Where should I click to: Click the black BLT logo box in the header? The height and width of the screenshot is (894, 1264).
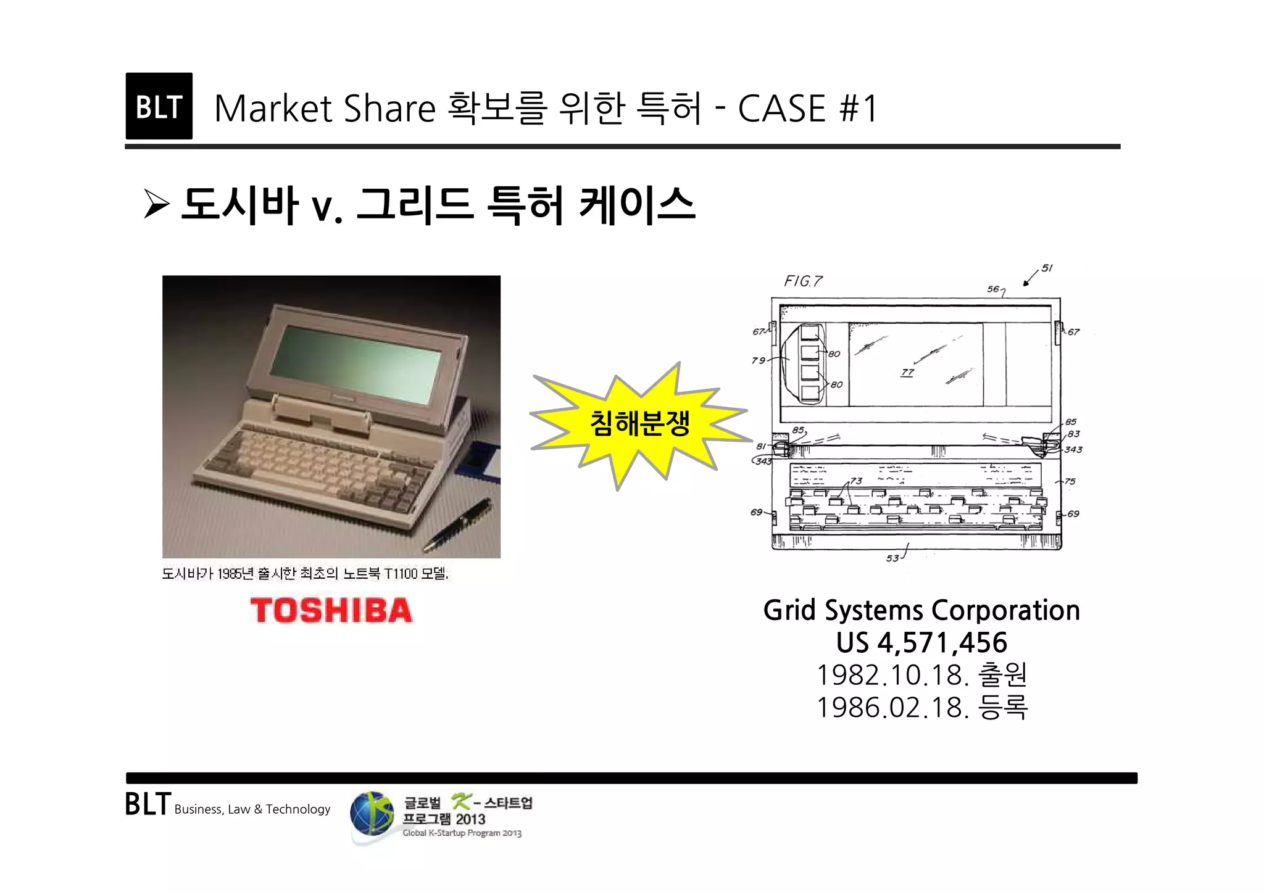(x=159, y=106)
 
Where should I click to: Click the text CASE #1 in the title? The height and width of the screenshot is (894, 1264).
(x=807, y=109)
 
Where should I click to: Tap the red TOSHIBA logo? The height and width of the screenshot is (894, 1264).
(x=331, y=610)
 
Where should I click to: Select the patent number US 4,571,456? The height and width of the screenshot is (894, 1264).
(x=921, y=643)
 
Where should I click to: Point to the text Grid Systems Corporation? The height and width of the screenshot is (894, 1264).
(x=921, y=610)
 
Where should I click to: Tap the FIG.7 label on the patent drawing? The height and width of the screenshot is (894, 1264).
(x=803, y=281)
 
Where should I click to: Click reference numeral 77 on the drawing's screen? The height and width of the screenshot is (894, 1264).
(x=907, y=372)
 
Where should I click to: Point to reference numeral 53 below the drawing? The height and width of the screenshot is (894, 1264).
(x=892, y=558)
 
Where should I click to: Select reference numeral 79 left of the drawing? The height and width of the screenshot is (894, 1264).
(x=759, y=360)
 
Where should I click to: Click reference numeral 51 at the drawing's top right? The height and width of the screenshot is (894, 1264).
(x=1047, y=268)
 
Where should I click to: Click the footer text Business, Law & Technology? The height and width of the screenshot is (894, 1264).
(x=252, y=809)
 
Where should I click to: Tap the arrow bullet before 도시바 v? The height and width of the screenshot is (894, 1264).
(x=156, y=204)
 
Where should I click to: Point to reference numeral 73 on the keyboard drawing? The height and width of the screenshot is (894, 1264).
(x=856, y=481)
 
